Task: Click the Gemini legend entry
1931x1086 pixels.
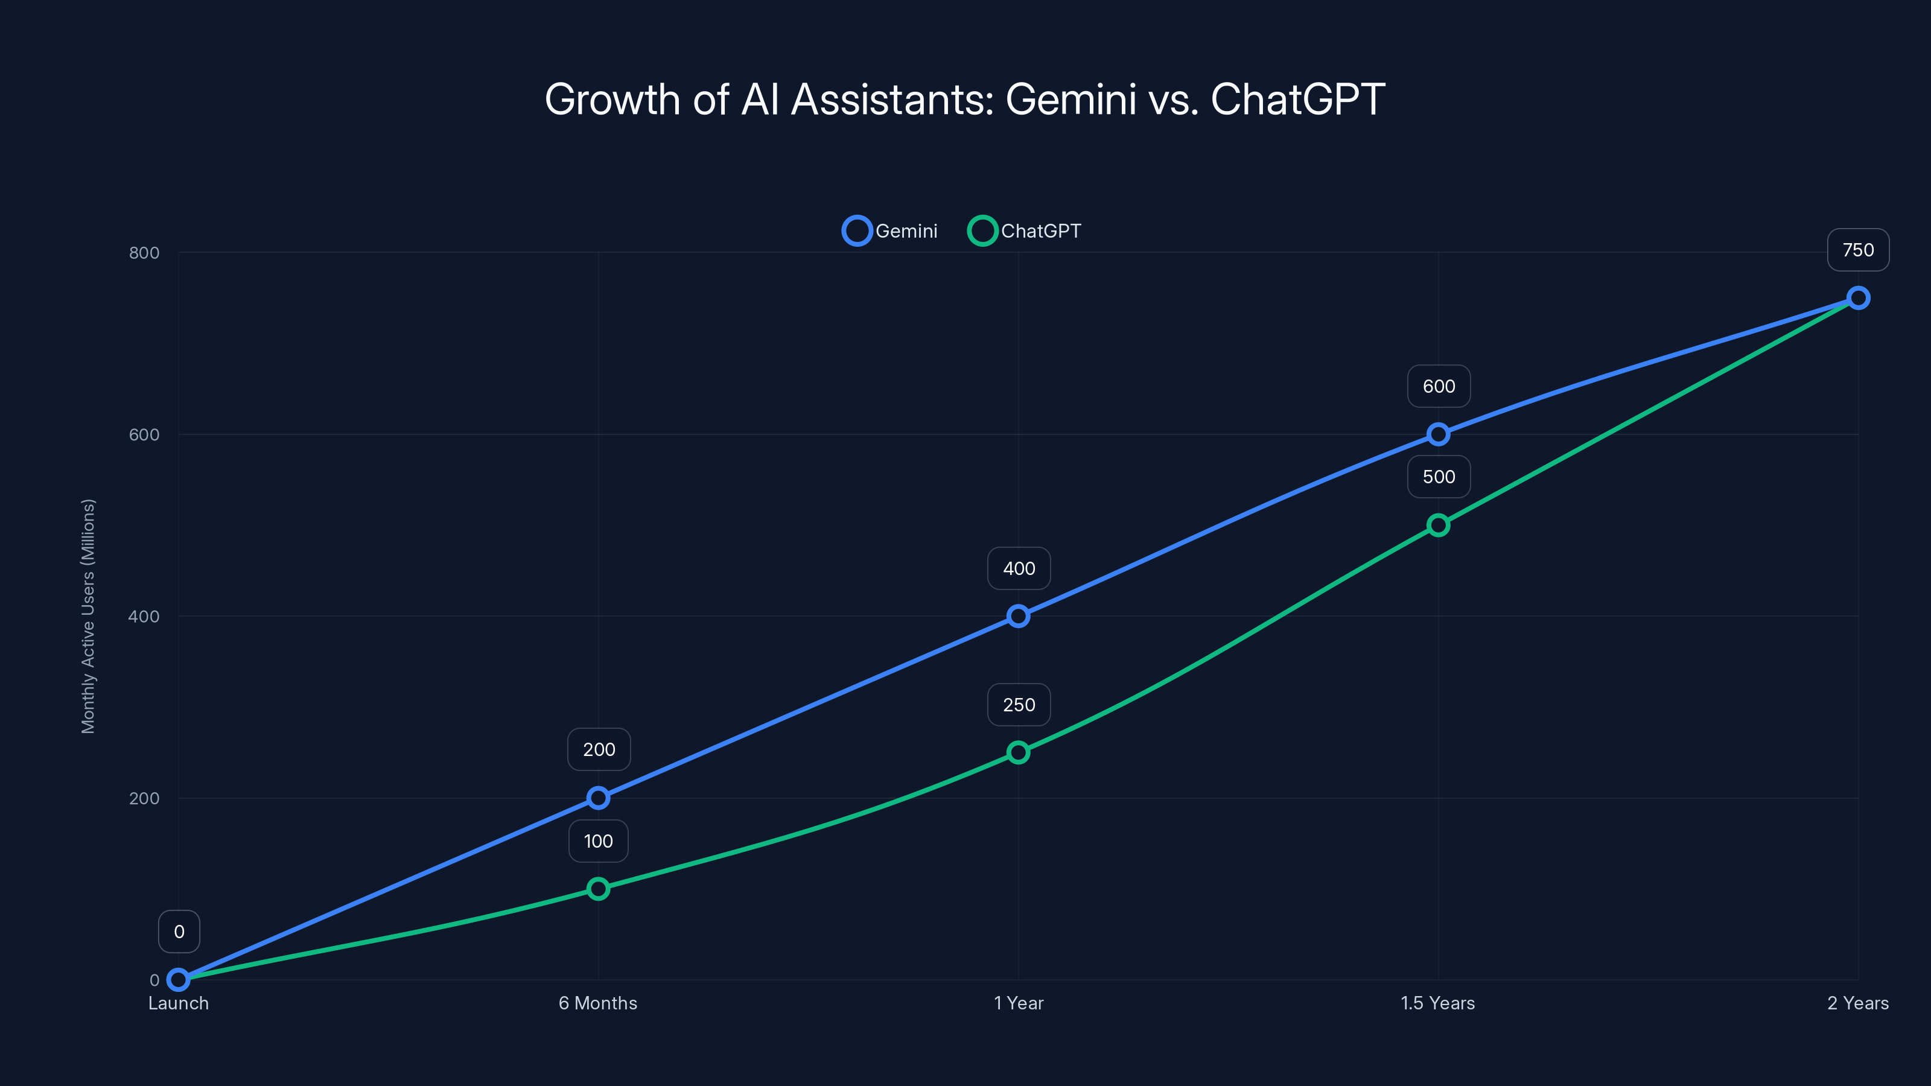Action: [x=890, y=231]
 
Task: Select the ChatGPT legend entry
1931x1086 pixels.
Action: [x=1024, y=231]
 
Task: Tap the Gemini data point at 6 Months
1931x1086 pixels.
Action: [x=598, y=798]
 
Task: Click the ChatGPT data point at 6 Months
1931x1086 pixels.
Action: [x=598, y=889]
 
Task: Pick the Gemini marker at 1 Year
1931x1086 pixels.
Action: [x=1018, y=616]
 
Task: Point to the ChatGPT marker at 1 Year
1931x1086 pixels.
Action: [x=1018, y=752]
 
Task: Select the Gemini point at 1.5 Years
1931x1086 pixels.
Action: [x=1438, y=434]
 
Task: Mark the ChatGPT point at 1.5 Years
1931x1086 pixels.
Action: [x=1438, y=525]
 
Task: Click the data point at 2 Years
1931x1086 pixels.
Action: [x=1857, y=297]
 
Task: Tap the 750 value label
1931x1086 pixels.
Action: [x=1857, y=250]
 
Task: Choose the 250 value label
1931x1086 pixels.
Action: [x=1019, y=705]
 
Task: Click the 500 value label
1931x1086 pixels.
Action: [x=1439, y=477]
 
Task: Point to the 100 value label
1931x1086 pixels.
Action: [x=598, y=841]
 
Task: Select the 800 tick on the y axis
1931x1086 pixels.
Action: [x=144, y=253]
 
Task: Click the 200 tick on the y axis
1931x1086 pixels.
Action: [x=144, y=798]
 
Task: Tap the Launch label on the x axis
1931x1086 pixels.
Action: [x=179, y=1003]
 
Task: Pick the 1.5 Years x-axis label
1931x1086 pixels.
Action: [x=1438, y=1003]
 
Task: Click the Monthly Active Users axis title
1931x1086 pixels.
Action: [x=89, y=616]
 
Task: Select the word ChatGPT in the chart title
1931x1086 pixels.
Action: [x=1297, y=99]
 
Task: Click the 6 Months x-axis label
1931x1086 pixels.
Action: [x=598, y=1003]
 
